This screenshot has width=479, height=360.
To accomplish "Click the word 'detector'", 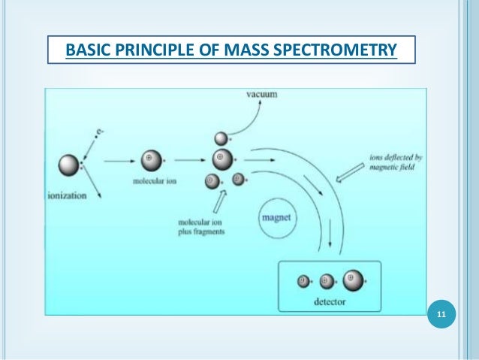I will [330, 301].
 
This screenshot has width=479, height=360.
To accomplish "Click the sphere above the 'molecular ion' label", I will [149, 160].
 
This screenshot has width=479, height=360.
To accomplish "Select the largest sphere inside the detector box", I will [353, 280].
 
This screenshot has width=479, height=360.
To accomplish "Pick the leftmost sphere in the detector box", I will [303, 282].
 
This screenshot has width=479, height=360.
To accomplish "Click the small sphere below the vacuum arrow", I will [221, 138].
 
